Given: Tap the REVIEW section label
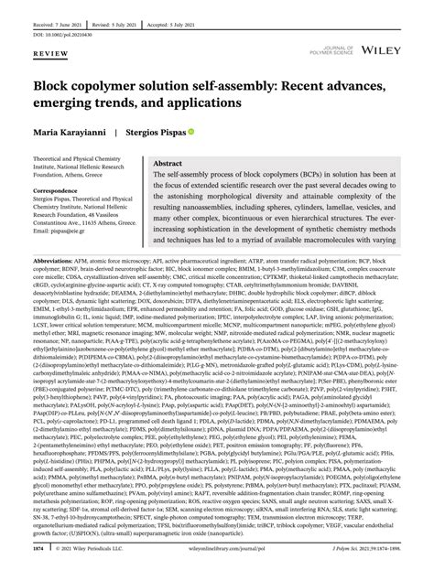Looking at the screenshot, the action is [x=49, y=53].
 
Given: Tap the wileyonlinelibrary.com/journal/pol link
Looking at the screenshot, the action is [x=233, y=550].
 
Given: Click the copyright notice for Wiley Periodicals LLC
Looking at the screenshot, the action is [x=103, y=550].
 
